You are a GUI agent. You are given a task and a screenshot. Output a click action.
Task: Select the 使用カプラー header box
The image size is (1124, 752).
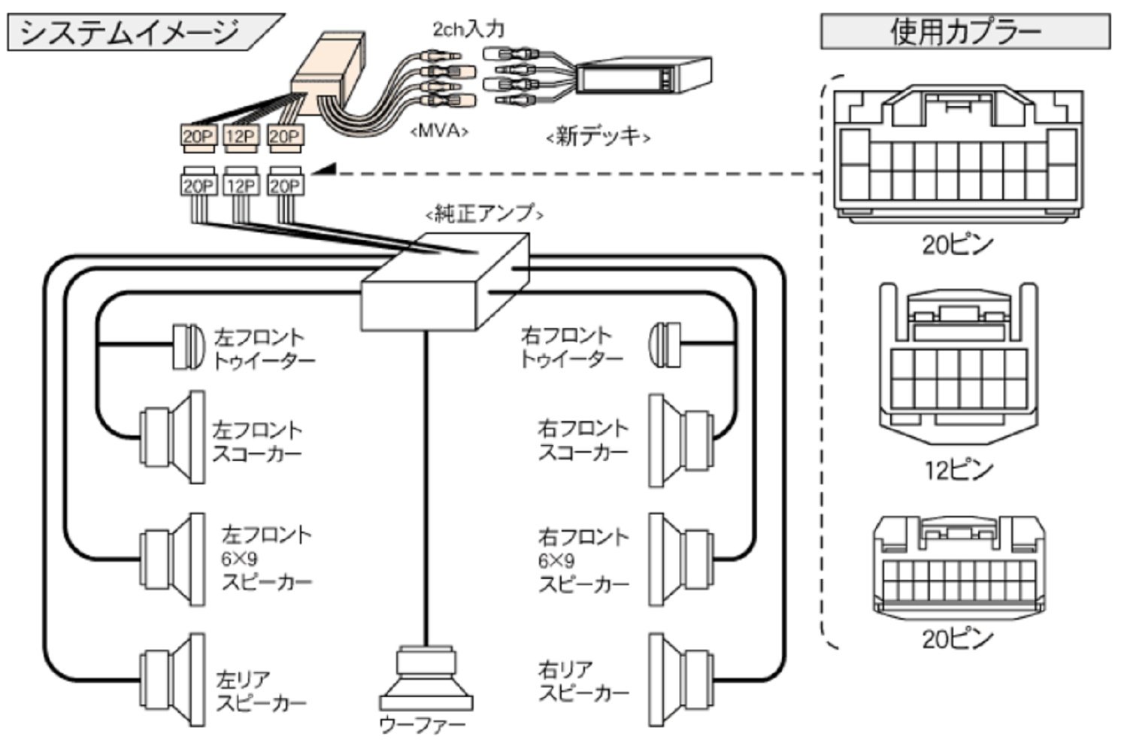(965, 31)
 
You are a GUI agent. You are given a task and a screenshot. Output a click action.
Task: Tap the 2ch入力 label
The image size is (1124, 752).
(468, 29)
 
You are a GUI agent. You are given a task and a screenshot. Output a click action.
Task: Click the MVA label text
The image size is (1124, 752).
(439, 131)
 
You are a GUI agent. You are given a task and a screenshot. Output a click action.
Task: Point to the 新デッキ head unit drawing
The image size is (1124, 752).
(644, 76)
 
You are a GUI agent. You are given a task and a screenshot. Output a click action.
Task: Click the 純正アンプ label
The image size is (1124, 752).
(484, 214)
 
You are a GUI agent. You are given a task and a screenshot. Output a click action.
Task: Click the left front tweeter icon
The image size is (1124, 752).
(188, 347)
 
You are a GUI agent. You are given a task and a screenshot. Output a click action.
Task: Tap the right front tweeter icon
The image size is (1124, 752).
(665, 345)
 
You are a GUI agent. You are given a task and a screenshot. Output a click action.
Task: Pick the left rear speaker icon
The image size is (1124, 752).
(172, 680)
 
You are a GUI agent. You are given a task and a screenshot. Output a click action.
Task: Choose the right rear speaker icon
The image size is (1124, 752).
(681, 680)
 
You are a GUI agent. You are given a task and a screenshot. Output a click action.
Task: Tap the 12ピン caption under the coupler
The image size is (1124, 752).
(959, 471)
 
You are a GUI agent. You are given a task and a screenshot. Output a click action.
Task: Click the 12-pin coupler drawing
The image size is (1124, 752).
(959, 363)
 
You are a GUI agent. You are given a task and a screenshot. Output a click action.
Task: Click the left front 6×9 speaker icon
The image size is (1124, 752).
(172, 559)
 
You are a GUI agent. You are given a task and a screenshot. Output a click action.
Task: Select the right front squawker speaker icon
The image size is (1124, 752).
(681, 441)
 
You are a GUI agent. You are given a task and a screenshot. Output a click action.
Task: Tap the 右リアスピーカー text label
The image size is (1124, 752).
(583, 682)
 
